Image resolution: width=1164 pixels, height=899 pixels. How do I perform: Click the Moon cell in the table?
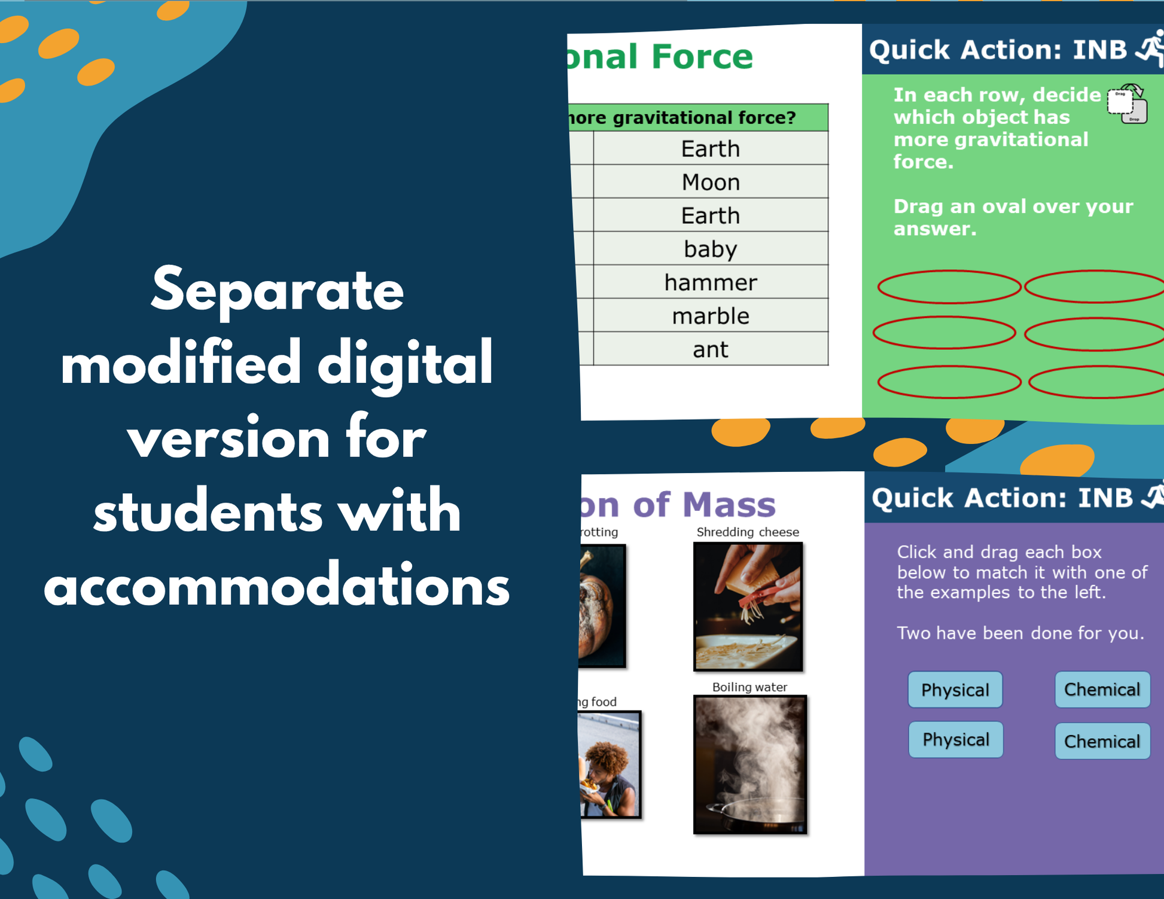[711, 182]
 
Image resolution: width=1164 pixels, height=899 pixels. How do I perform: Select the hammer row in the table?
[711, 282]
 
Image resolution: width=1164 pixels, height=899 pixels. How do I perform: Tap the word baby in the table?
[711, 249]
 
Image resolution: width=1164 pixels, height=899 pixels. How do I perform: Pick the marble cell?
[711, 316]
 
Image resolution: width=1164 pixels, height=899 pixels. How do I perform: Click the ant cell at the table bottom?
[711, 349]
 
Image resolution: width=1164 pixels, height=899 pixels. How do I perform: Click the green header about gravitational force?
[697, 118]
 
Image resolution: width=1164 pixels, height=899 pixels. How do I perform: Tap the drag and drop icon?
[1127, 105]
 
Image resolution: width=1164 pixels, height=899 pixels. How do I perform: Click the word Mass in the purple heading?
[729, 505]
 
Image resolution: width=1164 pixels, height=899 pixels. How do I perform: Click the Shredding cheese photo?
[748, 607]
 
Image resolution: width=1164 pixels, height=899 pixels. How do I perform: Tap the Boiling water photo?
[750, 764]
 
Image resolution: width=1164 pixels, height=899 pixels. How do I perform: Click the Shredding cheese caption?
[748, 532]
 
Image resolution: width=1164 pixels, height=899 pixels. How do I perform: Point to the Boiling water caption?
[749, 687]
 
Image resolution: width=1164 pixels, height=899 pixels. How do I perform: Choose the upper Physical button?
[955, 690]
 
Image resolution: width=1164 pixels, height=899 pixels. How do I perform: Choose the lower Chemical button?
[1102, 741]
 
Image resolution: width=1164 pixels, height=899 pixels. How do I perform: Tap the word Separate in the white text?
[278, 291]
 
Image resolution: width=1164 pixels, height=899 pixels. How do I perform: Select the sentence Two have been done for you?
[1020, 633]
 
